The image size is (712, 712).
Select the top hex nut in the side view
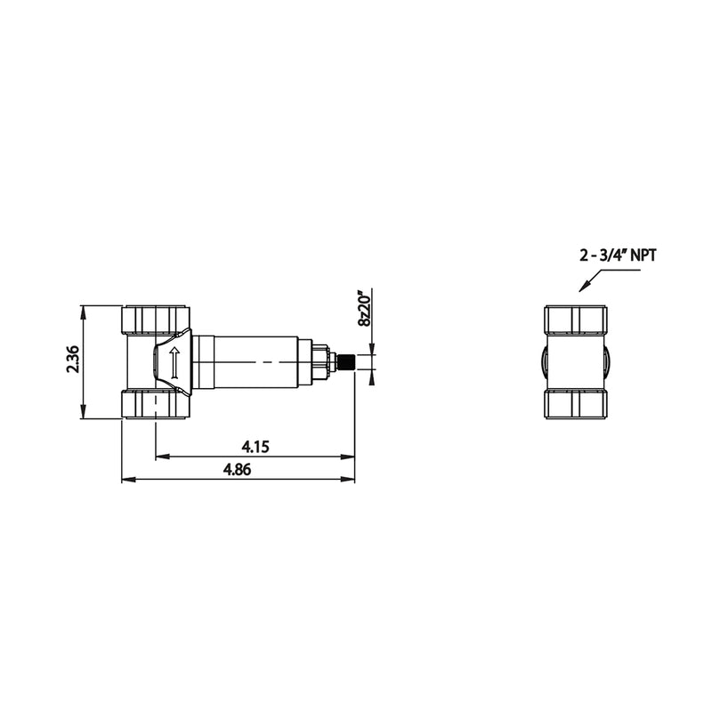coord(156,319)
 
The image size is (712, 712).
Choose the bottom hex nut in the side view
coord(156,405)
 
